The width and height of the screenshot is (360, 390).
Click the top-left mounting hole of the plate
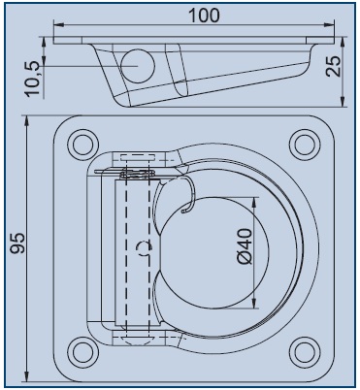pos(78,146)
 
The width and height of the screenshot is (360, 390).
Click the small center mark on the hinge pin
pos(144,247)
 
